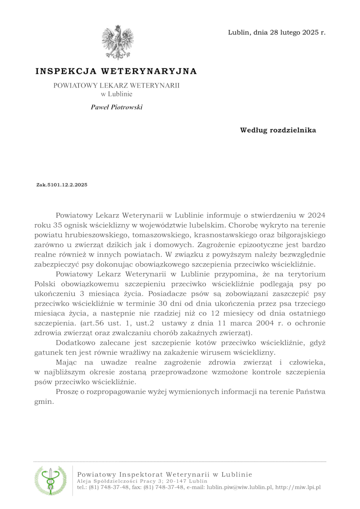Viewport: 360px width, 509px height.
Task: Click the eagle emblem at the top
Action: click(118, 42)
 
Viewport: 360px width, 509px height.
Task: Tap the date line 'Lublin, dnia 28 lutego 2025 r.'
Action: click(277, 32)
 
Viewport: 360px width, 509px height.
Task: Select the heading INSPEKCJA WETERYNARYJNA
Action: click(116, 71)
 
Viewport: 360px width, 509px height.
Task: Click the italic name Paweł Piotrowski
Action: click(117, 107)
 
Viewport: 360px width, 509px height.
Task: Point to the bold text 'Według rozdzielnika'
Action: click(278, 131)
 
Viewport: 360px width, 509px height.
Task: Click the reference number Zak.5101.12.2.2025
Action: click(62, 185)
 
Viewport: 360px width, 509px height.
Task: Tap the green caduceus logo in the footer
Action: click(50, 480)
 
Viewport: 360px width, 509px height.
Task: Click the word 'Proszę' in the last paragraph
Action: click(67, 392)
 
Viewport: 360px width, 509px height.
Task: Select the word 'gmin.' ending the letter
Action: click(44, 402)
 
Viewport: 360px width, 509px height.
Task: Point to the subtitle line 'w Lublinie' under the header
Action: click(116, 94)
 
